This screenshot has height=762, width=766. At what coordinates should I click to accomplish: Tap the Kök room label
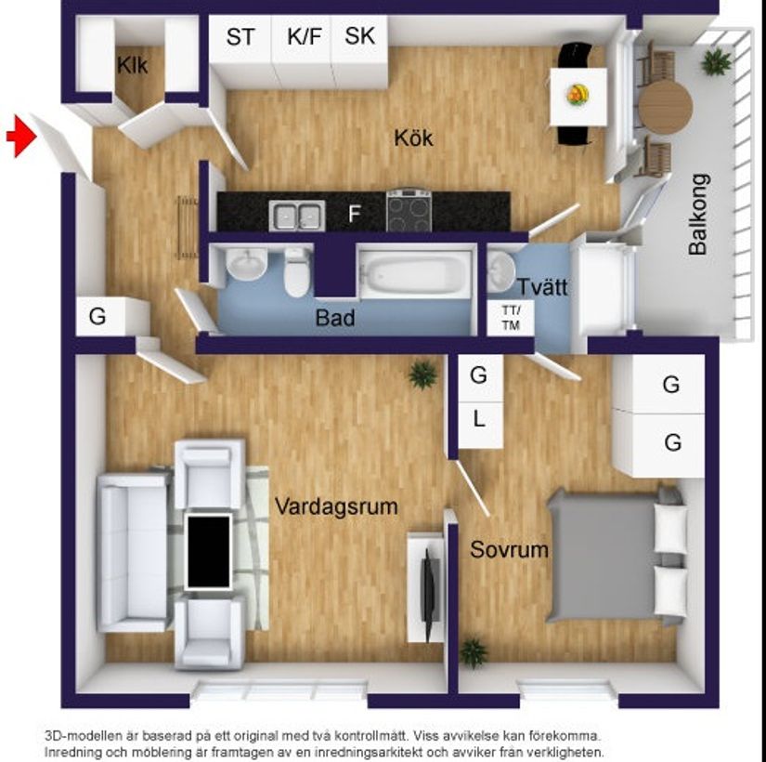413,139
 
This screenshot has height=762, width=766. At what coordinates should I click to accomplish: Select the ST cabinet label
240,38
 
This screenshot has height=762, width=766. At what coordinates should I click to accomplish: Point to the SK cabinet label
359,37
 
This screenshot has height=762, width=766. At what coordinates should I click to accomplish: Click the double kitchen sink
296,215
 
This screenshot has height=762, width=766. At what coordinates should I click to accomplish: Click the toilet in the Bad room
297,272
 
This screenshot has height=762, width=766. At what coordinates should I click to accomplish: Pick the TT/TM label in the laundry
511,318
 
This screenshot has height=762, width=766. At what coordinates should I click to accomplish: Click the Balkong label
698,215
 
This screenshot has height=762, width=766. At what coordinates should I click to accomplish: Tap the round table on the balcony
665,107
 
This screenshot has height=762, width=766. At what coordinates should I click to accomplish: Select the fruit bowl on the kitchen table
578,93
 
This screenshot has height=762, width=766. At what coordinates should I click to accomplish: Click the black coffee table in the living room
208,551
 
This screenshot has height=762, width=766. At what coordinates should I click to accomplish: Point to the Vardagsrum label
336,506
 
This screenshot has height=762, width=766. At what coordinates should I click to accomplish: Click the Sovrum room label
509,549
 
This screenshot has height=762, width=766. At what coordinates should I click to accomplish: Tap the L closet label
479,419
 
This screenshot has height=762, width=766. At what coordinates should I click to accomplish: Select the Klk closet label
133,65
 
